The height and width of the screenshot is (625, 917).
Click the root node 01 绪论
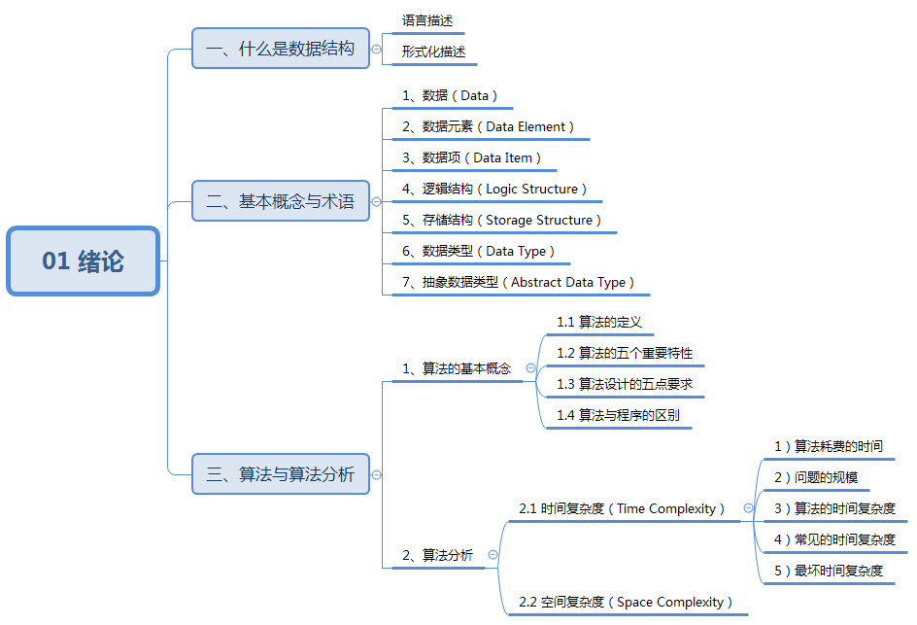tap(83, 260)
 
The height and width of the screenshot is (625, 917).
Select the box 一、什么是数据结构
tap(281, 49)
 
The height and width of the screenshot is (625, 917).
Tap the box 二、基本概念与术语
tap(281, 202)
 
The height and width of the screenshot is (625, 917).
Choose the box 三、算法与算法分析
tap(281, 474)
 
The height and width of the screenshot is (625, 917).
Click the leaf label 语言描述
tap(427, 20)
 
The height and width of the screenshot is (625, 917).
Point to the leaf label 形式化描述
tap(433, 52)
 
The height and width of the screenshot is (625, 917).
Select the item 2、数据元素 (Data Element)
tap(489, 126)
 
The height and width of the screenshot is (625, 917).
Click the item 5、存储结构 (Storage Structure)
tap(502, 220)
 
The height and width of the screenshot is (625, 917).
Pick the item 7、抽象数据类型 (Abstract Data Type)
tap(519, 282)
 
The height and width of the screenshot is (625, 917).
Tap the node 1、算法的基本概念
tap(457, 368)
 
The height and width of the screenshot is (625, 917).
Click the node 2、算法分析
tap(438, 555)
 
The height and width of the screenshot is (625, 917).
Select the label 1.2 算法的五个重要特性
tap(625, 353)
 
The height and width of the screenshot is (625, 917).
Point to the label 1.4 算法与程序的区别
tap(618, 415)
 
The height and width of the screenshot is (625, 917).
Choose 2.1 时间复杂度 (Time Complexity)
tap(622, 508)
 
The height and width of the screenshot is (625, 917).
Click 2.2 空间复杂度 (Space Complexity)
tap(626, 602)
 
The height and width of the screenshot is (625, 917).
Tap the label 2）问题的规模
tap(816, 477)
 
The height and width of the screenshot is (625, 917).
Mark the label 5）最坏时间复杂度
tap(829, 571)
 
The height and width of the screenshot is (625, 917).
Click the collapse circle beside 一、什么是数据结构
tap(376, 49)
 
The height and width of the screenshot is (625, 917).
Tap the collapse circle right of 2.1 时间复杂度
tap(748, 507)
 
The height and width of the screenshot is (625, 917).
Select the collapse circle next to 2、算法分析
tap(492, 554)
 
